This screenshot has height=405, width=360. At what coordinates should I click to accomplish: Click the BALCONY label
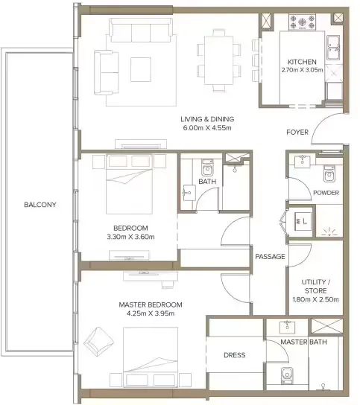[x=40, y=205]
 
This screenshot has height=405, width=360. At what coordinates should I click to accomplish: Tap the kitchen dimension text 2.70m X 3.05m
[x=302, y=70]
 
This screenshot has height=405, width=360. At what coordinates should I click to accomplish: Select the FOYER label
[x=297, y=133]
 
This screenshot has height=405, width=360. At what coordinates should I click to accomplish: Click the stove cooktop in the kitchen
[x=303, y=22]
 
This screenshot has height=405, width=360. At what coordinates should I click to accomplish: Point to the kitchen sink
[x=334, y=47]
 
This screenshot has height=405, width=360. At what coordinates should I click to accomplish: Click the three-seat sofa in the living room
[x=141, y=30]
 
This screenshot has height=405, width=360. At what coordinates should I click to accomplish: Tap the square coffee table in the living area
[x=141, y=69]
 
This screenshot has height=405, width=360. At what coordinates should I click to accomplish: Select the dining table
[x=219, y=60]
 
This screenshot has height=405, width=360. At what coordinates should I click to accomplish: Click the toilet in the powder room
[x=329, y=173]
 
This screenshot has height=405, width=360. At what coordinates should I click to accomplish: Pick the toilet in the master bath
[x=287, y=375]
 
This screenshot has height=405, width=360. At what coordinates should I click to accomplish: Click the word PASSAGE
[x=270, y=257]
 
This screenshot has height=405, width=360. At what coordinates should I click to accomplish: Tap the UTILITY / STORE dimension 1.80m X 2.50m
[x=315, y=299]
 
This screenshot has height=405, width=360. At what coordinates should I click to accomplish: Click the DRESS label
[x=235, y=355]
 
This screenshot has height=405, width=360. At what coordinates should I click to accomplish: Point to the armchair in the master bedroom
[x=98, y=342]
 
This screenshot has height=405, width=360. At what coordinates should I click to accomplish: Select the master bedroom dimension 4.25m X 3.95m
[x=151, y=313]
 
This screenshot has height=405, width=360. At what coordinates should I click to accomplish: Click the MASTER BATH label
[x=303, y=342]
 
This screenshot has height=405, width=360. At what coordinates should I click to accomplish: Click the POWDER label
[x=326, y=193]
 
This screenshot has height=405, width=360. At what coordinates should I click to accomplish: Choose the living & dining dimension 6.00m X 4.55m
[x=207, y=128]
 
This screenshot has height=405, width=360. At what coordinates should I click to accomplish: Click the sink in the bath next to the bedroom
[x=189, y=193]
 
